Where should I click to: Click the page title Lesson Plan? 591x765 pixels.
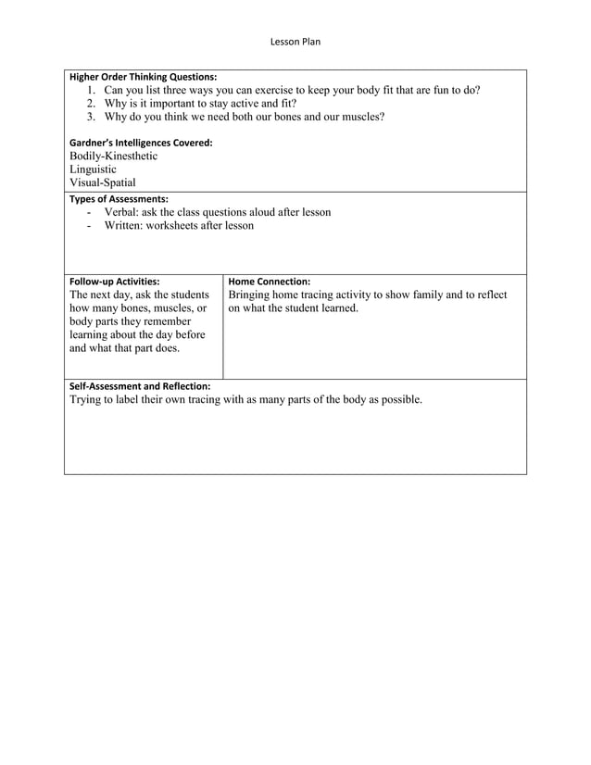point(295,42)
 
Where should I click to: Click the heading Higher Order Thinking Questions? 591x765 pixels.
point(144,76)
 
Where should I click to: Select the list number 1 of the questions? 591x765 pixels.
point(92,91)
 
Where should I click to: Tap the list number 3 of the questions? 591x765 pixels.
point(92,118)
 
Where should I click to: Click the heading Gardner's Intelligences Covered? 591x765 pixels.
point(141,143)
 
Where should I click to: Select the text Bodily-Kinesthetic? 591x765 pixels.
point(113,157)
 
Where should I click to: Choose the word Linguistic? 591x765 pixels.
point(93,169)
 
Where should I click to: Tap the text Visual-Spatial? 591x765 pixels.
point(102,183)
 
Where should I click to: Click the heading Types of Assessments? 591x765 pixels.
point(119,199)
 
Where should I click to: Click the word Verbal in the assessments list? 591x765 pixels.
point(121,212)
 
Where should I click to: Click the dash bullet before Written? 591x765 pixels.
point(89,226)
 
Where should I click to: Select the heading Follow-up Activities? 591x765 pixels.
point(114,282)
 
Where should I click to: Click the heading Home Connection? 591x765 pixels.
point(269,282)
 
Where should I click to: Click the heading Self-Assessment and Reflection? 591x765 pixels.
point(140,386)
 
